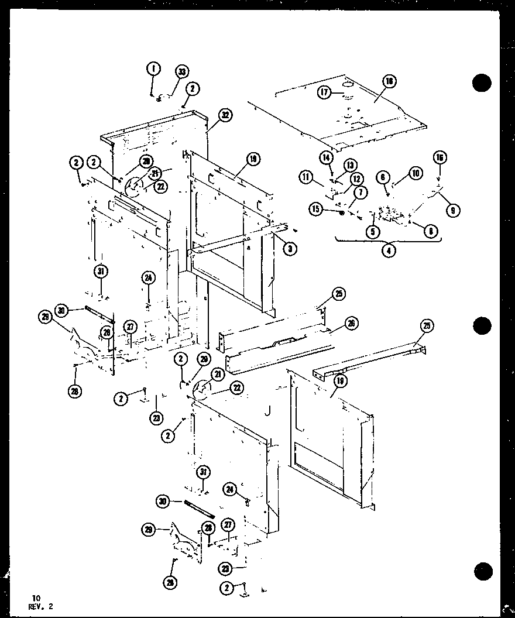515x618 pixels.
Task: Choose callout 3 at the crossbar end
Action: tap(290, 249)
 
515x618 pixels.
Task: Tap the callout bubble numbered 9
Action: tap(452, 210)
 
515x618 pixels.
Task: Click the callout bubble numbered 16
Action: tap(440, 157)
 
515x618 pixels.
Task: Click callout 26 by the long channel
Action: tap(352, 322)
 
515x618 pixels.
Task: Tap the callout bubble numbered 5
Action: tap(373, 231)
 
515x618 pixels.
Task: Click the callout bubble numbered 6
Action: tap(383, 176)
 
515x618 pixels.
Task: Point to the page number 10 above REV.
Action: tap(36, 598)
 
